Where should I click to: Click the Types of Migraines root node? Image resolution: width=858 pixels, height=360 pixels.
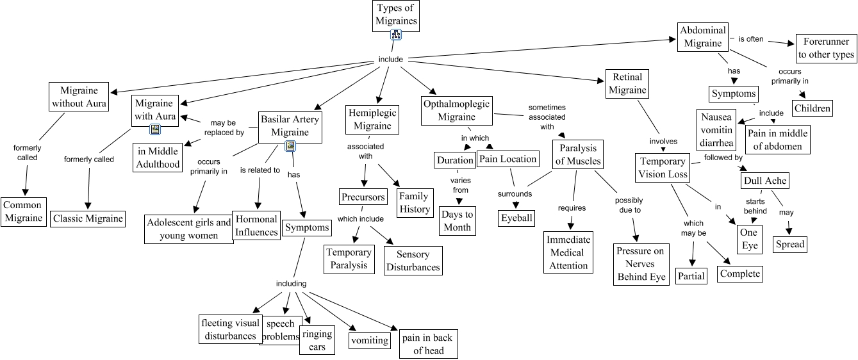click(396, 15)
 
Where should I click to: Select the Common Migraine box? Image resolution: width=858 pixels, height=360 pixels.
click(23, 211)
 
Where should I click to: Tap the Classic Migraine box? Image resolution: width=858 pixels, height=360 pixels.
click(88, 218)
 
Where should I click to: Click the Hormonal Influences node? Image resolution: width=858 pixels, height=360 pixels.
click(256, 225)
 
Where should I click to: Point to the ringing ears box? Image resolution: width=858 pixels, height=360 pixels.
click(317, 340)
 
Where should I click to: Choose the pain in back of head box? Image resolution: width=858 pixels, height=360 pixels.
click(429, 344)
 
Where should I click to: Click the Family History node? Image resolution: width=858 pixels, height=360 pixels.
click(415, 202)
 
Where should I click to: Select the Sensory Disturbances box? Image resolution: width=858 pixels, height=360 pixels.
click(413, 261)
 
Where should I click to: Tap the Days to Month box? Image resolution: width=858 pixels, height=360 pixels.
click(457, 220)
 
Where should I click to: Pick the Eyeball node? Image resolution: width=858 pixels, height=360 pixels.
click(516, 218)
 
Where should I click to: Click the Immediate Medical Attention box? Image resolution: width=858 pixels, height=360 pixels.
click(568, 252)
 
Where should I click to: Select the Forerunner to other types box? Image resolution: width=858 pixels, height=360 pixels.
click(826, 48)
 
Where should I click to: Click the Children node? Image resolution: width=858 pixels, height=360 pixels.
click(813, 108)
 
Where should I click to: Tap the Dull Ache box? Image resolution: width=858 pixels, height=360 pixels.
click(764, 181)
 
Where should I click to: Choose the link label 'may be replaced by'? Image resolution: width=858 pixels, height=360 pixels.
click(224, 127)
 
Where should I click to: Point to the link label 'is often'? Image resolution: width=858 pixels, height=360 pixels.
click(751, 38)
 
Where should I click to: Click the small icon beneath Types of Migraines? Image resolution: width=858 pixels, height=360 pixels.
click(396, 36)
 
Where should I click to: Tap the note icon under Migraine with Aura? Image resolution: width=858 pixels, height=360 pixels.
click(154, 129)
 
